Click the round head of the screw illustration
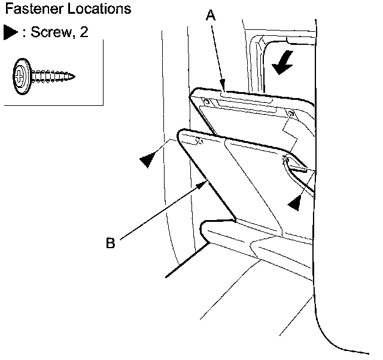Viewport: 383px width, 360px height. (x=22, y=76)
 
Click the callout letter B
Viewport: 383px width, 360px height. (x=110, y=243)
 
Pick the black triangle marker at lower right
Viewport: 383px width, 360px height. (x=293, y=203)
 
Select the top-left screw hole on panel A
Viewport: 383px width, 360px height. (x=205, y=102)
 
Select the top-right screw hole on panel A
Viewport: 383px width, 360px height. (x=291, y=113)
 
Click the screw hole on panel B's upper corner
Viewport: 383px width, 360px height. (x=198, y=141)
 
